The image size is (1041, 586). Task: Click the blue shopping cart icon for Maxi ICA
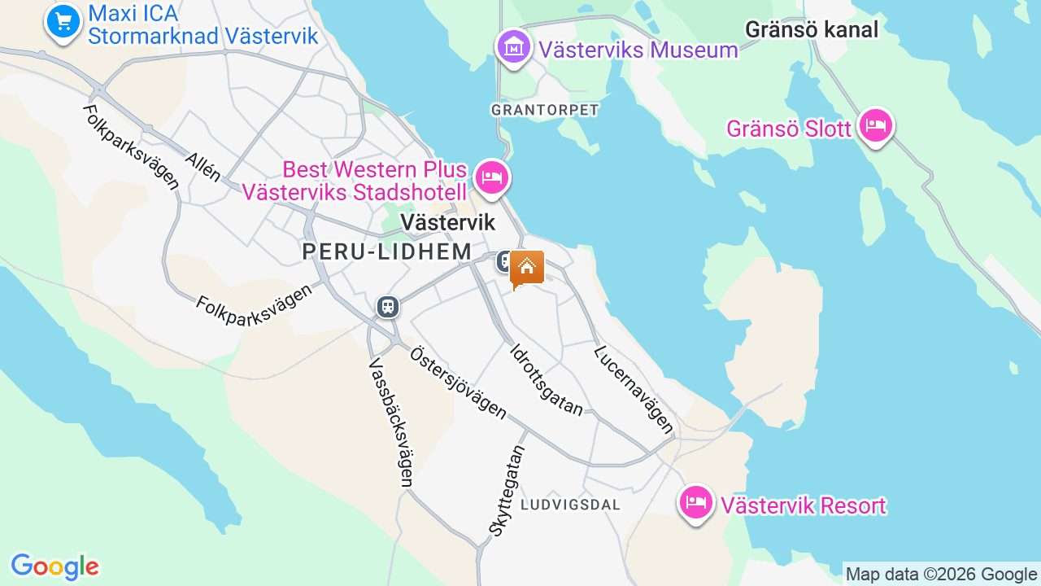pos(63,20)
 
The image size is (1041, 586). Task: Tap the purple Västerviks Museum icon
pos(513,47)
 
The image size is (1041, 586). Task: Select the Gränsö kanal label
pos(812,30)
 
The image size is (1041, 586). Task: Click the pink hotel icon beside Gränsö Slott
pos(875,125)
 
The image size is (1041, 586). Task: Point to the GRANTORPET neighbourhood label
pos(545,109)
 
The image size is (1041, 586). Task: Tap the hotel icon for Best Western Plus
pos(491,176)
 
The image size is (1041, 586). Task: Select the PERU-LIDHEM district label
pos(387,251)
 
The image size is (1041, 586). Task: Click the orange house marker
pos(527,268)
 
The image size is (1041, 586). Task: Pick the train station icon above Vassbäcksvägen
pos(387,307)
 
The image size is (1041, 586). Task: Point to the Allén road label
pos(203,166)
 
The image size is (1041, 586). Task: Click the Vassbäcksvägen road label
pos(391,422)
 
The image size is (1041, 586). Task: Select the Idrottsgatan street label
pos(547,379)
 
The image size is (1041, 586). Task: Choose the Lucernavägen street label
pos(634,388)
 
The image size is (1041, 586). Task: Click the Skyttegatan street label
pos(507,489)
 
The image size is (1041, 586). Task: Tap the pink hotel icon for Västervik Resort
pos(695,503)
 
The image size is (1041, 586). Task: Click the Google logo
pos(54,566)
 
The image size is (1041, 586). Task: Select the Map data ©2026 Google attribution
pos(941,574)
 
